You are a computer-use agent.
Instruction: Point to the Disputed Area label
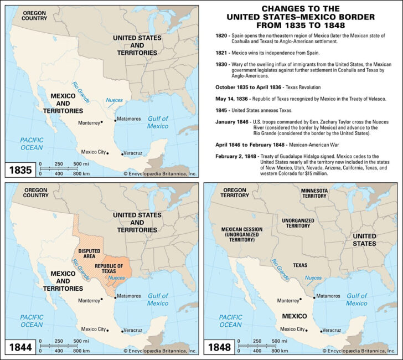tap(89, 253)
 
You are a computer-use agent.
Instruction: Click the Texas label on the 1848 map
tap(299, 265)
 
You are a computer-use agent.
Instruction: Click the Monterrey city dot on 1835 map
tap(102, 122)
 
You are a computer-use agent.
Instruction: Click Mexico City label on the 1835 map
tap(93, 152)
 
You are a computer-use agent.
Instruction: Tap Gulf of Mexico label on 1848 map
tap(356, 299)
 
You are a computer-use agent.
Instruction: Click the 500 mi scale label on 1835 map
tap(80, 164)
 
